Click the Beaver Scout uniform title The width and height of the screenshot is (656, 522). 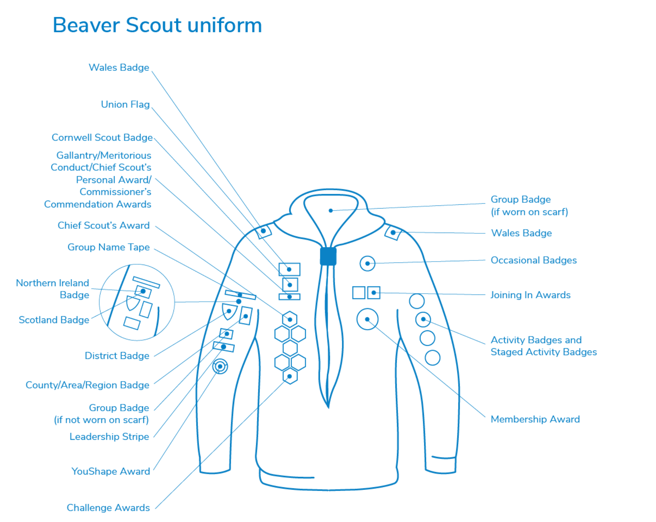(x=157, y=25)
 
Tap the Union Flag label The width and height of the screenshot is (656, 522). (x=125, y=104)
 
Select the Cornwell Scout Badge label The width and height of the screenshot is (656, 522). (x=102, y=137)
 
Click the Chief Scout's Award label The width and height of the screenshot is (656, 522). (x=104, y=225)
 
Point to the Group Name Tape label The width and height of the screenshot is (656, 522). (x=108, y=247)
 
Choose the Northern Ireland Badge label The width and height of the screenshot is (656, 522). (x=53, y=289)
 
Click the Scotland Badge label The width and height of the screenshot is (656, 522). (x=54, y=320)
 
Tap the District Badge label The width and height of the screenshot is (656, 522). (x=117, y=355)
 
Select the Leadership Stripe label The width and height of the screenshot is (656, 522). (x=110, y=436)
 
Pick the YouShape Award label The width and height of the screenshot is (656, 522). (x=111, y=471)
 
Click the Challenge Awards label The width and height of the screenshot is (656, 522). (x=108, y=508)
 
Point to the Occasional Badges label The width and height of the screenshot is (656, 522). (x=533, y=260)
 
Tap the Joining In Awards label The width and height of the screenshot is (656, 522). (x=530, y=295)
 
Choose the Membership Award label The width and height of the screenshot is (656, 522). (x=535, y=419)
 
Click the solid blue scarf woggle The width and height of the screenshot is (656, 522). (x=328, y=256)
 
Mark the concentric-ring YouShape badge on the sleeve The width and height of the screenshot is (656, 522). (x=220, y=366)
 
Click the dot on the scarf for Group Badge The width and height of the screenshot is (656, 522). (x=331, y=211)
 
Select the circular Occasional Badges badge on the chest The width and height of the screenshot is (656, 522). (x=367, y=264)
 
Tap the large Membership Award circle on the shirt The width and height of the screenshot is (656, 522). (x=367, y=319)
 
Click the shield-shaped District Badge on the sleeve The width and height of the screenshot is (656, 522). (x=229, y=311)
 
